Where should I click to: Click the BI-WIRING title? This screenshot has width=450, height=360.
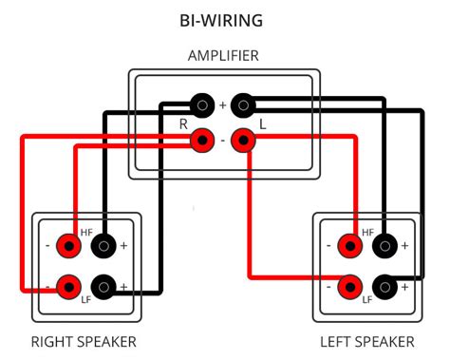coord(221,19)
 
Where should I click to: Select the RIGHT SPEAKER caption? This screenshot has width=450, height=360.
coord(84,341)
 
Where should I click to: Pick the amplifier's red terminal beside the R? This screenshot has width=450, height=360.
coord(201,142)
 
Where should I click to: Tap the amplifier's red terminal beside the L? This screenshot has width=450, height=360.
coord(244,142)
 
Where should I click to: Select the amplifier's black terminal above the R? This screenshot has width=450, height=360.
coord(201,104)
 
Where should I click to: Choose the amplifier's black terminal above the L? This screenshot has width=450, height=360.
coord(244,104)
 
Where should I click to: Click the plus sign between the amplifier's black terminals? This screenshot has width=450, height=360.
coord(223,104)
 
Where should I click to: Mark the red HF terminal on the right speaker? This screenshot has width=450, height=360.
coord(67,246)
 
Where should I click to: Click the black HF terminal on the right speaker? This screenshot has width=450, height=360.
coord(103,246)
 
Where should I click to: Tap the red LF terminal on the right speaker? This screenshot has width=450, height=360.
coord(67,285)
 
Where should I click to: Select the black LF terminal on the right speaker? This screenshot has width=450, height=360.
coord(103,285)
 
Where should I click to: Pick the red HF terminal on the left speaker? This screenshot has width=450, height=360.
coord(348,246)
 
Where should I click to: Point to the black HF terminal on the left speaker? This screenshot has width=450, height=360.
coord(384,246)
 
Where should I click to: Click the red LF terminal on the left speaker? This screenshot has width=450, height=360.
coord(348,285)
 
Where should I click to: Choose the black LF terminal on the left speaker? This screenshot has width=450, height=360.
coord(384,285)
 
